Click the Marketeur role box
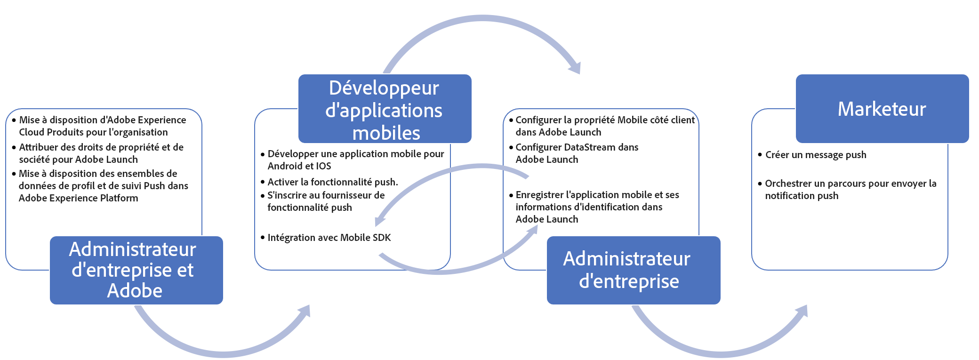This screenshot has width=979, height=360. [x=882, y=109]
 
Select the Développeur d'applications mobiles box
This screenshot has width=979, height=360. [x=385, y=109]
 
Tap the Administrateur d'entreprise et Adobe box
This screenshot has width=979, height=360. [x=136, y=270]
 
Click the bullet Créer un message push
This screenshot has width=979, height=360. [x=815, y=155]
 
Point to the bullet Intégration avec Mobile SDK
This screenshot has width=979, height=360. [x=329, y=238]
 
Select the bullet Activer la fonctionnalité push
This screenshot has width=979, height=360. [x=332, y=182]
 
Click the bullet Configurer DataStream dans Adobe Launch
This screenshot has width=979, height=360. [x=576, y=153]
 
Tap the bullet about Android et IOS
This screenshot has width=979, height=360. [x=355, y=160]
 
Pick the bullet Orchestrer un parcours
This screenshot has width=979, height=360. [x=850, y=190]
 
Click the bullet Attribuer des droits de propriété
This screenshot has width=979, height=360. [x=101, y=153]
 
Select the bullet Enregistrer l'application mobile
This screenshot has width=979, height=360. [x=596, y=207]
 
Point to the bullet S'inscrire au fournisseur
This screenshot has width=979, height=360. [x=326, y=201]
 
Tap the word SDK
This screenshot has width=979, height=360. [x=382, y=238]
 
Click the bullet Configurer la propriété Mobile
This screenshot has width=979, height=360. [x=604, y=126]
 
